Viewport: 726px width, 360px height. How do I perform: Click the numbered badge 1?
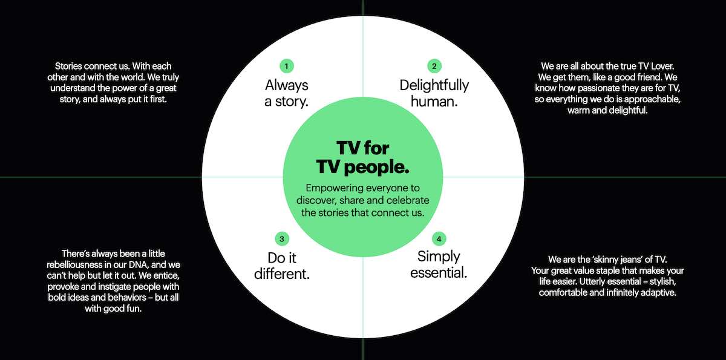click(287, 65)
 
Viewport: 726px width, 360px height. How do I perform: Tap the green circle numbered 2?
click(434, 65)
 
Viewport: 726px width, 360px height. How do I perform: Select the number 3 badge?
click(281, 238)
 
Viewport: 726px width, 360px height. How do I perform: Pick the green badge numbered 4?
click(439, 238)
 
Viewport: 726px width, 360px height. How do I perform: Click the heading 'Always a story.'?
click(287, 93)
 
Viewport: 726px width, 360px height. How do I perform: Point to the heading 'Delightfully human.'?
click(434, 93)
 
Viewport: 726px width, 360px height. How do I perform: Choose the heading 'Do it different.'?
click(281, 265)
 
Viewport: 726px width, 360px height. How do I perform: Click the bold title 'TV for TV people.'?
click(363, 157)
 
